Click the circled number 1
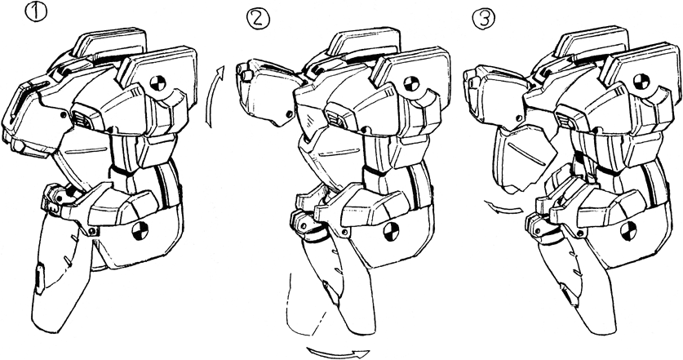[x=37, y=12]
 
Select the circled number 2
[x=258, y=18]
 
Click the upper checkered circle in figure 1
[x=158, y=82]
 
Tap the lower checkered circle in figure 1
[x=140, y=230]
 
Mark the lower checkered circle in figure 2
[x=392, y=232]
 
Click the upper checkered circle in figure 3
[x=641, y=82]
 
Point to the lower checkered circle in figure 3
[x=628, y=231]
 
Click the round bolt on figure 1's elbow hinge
[x=92, y=230]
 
